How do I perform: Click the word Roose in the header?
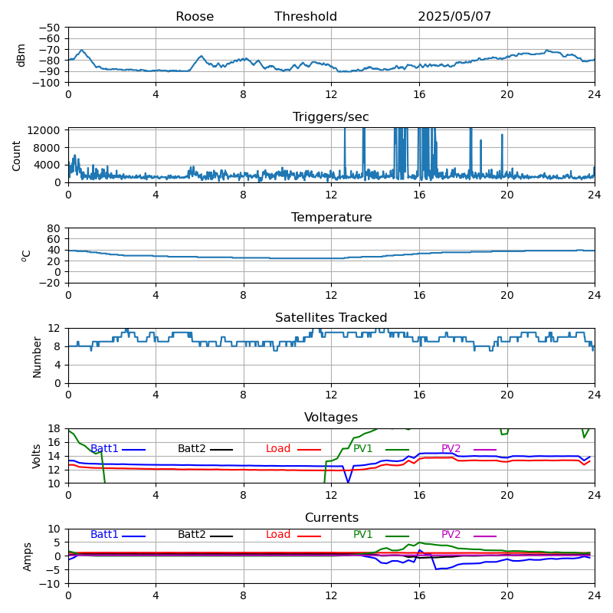pyautogui.click(x=195, y=16)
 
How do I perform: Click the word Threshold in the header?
pyautogui.click(x=305, y=16)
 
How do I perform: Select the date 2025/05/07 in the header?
pyautogui.click(x=454, y=16)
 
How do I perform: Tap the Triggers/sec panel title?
pyautogui.click(x=331, y=117)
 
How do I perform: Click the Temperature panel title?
pyautogui.click(x=331, y=217)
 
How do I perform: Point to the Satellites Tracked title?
pyautogui.click(x=331, y=317)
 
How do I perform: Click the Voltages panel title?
pyautogui.click(x=331, y=417)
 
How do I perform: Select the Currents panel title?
pyautogui.click(x=332, y=518)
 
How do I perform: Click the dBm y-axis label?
pyautogui.click(x=21, y=55)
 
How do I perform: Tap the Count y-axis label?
pyautogui.click(x=16, y=156)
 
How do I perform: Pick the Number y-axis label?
pyautogui.click(x=37, y=357)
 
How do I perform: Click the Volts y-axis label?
pyautogui.click(x=36, y=456)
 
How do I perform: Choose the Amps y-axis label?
pyautogui.click(x=27, y=557)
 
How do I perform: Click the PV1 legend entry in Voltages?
pyautogui.click(x=381, y=449)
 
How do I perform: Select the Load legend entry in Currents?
pyautogui.click(x=293, y=534)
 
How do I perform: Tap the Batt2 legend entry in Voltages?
pyautogui.click(x=205, y=449)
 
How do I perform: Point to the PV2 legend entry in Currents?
pyautogui.click(x=469, y=534)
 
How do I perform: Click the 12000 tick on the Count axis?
pyautogui.click(x=44, y=130)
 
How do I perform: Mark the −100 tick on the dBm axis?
pyautogui.click(x=46, y=83)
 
